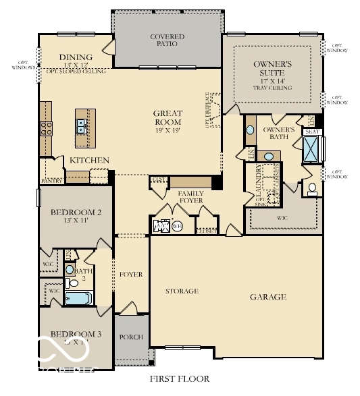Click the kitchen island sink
click(x=81, y=124)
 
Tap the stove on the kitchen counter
click(x=46, y=128)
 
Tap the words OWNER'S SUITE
click(x=273, y=68)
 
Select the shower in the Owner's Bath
click(x=312, y=149)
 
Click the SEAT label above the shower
click(x=312, y=132)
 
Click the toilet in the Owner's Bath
click(x=311, y=188)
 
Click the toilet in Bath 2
click(x=70, y=269)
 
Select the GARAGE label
click(x=267, y=297)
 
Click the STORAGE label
click(x=182, y=291)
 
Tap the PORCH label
click(x=130, y=337)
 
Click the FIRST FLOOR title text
click(x=179, y=379)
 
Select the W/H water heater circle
click(x=177, y=227)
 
